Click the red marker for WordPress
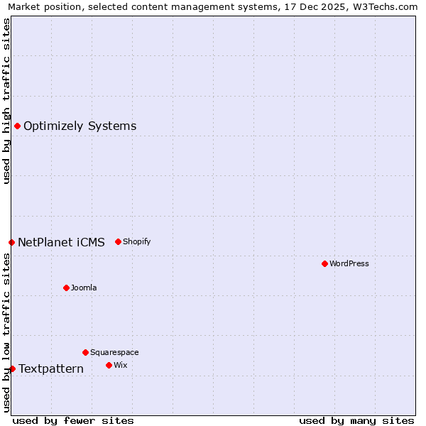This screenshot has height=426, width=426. (324, 263)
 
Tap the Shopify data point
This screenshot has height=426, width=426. (118, 241)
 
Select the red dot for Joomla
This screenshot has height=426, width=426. (66, 288)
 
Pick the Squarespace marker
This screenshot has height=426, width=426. (85, 352)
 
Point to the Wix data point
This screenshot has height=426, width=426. (109, 365)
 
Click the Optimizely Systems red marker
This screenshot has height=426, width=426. (17, 126)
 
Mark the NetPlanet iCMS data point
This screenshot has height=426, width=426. (11, 242)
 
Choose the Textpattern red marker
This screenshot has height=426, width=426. (12, 368)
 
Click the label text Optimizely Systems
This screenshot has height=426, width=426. (80, 126)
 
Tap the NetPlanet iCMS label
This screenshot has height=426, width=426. (61, 242)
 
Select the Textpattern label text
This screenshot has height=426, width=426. (51, 368)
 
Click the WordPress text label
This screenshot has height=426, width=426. (349, 263)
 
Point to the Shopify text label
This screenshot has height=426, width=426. (137, 241)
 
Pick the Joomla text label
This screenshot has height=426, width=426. (84, 288)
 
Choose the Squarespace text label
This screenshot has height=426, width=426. (114, 352)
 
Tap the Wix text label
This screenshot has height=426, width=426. (120, 365)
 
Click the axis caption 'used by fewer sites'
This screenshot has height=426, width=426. (73, 420)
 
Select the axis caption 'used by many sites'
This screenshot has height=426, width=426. (356, 420)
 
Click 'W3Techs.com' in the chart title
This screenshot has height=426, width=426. (387, 7)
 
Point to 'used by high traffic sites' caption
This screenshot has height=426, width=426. (6, 101)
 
